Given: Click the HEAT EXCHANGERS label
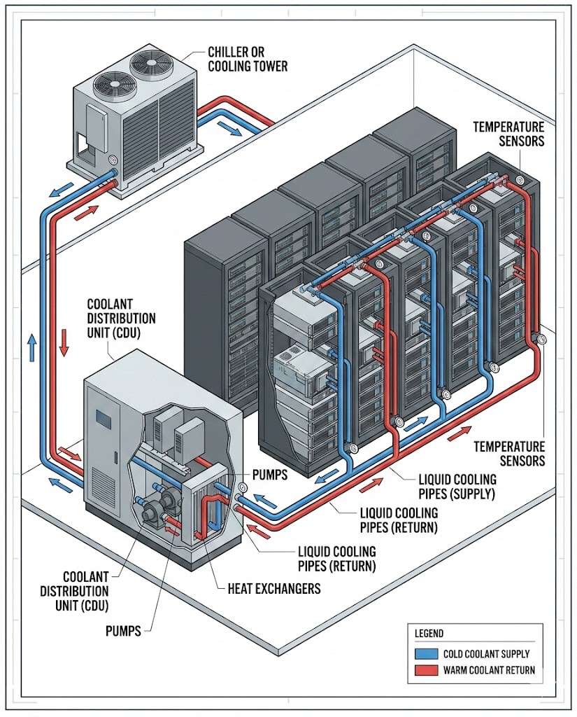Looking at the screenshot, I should pyautogui.click(x=274, y=587).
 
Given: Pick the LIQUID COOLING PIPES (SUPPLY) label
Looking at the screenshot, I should pyautogui.click(x=457, y=487).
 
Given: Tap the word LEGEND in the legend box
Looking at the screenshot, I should pyautogui.click(x=429, y=634).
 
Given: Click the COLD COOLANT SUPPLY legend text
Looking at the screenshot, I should pyautogui.click(x=486, y=654).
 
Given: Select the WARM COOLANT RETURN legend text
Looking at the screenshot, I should pyautogui.click(x=489, y=670).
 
